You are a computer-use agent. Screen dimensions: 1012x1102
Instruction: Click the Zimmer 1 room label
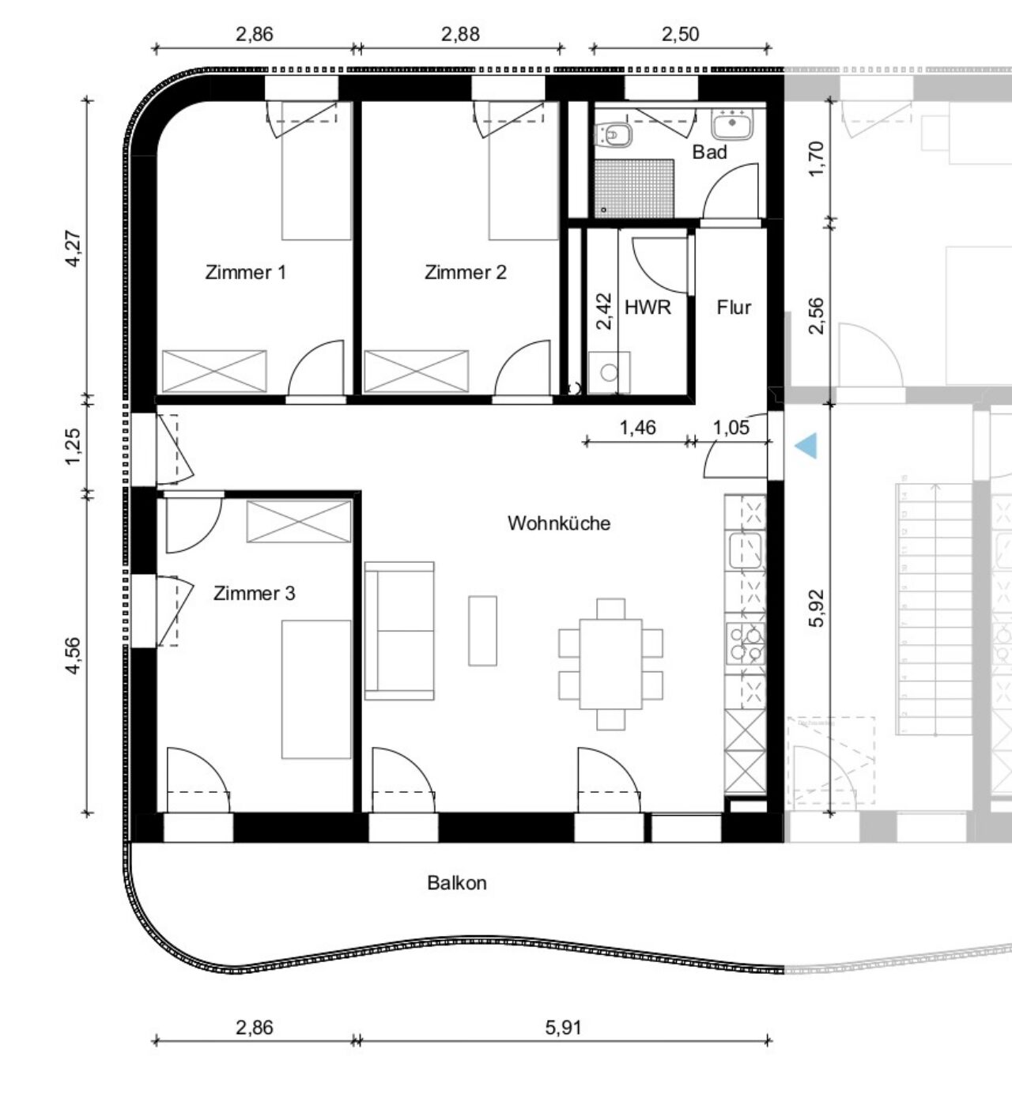point(246,272)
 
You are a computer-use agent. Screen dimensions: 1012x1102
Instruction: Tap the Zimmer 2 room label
point(466,272)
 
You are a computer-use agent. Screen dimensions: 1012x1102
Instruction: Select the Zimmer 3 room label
point(255,594)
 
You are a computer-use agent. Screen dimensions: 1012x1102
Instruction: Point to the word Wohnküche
point(559,523)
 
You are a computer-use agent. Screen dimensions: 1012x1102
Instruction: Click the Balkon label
point(456,883)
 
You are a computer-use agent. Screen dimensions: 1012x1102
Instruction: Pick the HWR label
point(648,307)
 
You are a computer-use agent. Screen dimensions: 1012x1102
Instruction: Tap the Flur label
point(734,307)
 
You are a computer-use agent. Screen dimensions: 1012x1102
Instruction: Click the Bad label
point(709,152)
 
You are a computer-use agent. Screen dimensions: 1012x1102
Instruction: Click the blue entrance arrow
point(806,445)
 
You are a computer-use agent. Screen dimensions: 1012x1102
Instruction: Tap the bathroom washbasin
point(731,123)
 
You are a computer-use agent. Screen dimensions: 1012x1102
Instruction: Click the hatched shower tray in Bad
point(634,187)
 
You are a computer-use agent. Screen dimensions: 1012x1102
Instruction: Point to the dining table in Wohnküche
point(610,664)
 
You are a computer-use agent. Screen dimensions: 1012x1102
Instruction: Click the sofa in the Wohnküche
point(399,631)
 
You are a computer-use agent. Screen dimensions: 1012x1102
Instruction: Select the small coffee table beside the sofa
point(482,631)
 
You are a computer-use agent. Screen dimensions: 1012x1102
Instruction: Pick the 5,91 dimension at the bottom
point(563,1027)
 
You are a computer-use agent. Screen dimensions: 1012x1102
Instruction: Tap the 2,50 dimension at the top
point(680,34)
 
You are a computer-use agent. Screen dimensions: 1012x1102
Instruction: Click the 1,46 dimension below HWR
point(637,428)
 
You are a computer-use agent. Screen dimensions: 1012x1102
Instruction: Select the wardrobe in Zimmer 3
point(299,521)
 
